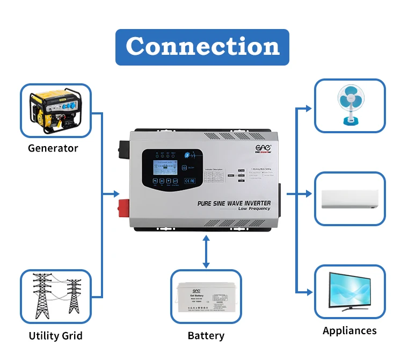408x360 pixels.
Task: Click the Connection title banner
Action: (x=202, y=47)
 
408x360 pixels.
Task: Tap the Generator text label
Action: (x=53, y=148)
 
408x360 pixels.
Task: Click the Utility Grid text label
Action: (x=56, y=336)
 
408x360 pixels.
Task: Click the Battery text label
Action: (x=206, y=336)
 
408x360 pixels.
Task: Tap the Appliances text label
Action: (x=349, y=330)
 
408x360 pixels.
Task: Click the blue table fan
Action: (x=349, y=105)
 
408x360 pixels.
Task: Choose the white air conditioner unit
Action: (x=349, y=199)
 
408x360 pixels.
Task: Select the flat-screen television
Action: (x=349, y=291)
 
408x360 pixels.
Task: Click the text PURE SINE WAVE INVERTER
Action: (x=234, y=203)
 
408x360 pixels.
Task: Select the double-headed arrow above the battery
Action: (x=206, y=251)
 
